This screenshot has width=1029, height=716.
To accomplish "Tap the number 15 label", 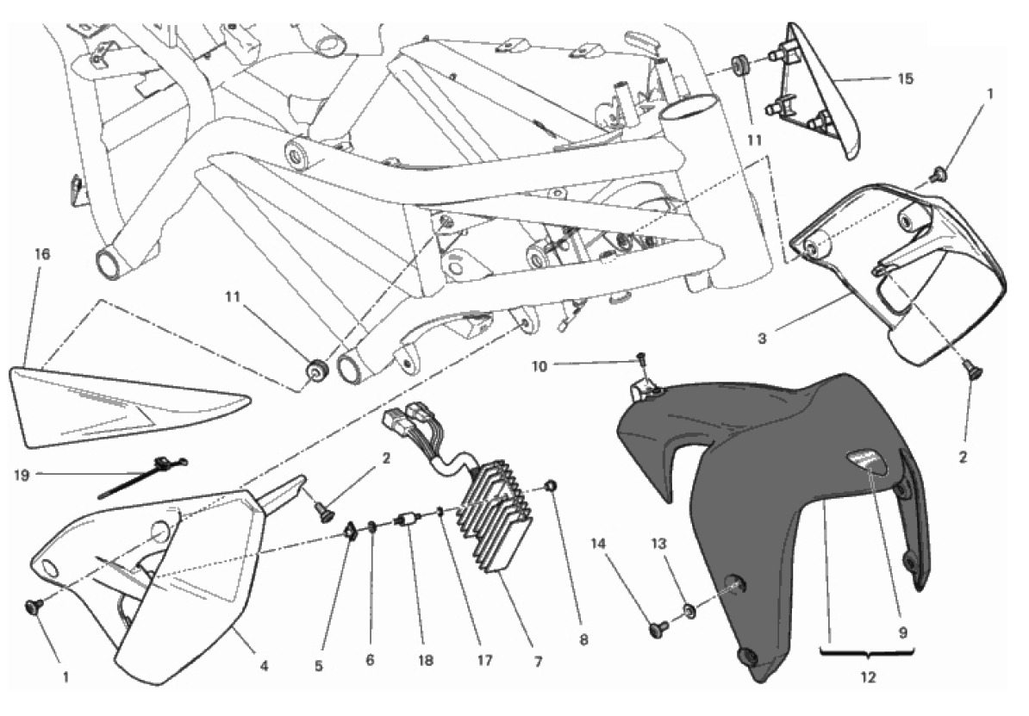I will point(904,79).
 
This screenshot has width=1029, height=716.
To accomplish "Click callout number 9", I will point(904,632).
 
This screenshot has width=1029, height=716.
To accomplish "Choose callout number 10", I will point(563,365).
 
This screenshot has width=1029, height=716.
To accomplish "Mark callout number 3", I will point(762,339).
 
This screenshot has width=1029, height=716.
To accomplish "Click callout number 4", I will point(265,664).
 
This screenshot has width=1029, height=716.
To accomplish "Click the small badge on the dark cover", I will point(866,460).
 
